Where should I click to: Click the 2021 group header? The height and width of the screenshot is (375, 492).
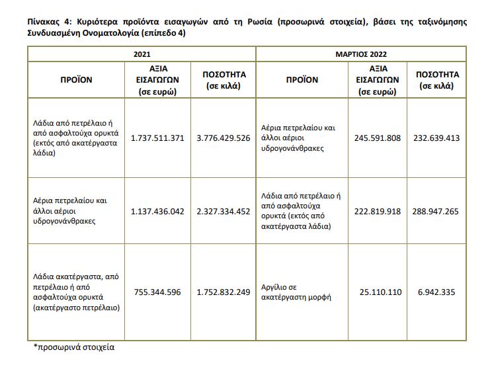(142, 53)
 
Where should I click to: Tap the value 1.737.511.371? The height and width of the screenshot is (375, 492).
(157, 138)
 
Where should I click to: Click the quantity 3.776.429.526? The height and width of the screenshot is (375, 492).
(224, 138)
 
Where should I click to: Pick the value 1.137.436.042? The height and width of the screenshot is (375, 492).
(157, 212)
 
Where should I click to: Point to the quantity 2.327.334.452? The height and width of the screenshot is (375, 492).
(224, 212)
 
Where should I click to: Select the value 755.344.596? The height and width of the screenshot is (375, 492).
(157, 292)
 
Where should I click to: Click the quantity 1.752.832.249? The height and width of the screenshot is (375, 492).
(224, 292)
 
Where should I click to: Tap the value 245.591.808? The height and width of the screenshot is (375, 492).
(378, 138)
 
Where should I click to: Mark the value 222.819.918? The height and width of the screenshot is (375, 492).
(378, 212)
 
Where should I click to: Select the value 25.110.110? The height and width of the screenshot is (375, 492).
(380, 292)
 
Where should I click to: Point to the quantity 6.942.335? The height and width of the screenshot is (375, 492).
(437, 292)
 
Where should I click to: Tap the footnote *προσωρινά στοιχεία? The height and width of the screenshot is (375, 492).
(74, 347)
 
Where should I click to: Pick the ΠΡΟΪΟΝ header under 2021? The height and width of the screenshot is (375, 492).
(76, 79)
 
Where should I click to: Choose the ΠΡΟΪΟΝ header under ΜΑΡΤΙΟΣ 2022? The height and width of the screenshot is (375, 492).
(302, 79)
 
